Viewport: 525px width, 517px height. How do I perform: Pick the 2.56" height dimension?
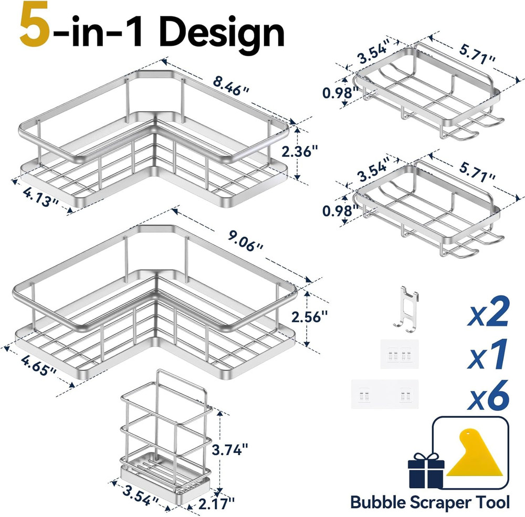[310, 316]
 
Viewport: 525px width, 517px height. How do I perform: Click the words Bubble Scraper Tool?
[429, 502]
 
